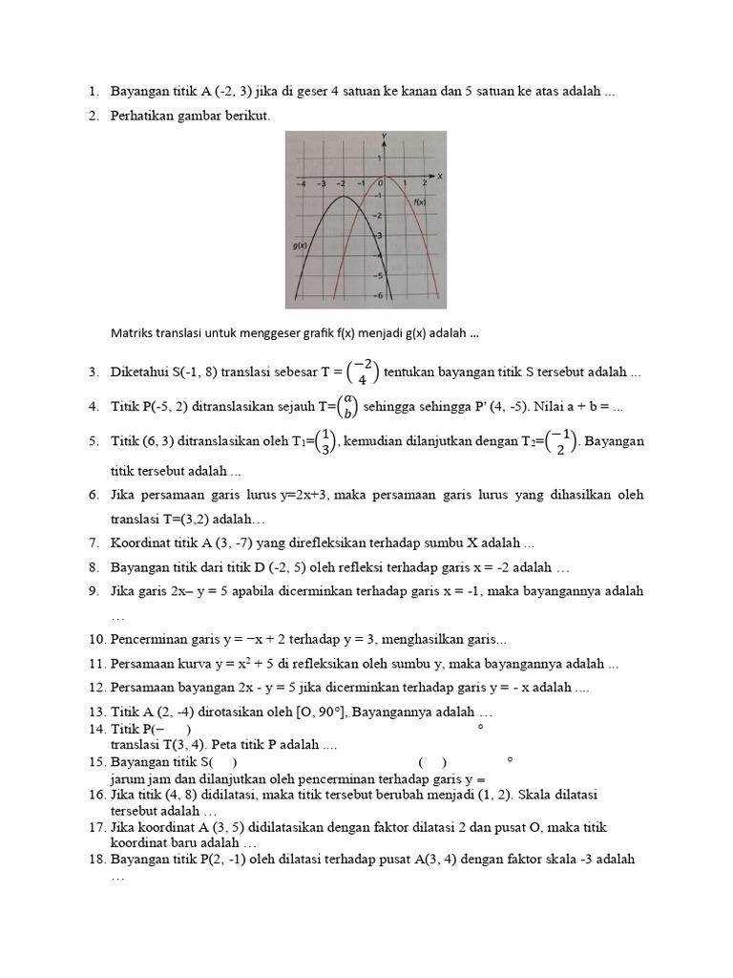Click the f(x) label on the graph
[x=419, y=202]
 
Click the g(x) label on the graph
[x=300, y=245]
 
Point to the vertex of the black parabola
[x=342, y=198]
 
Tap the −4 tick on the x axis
[x=301, y=182]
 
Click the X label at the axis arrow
[x=440, y=177]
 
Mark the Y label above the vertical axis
[x=383, y=136]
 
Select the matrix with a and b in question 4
[x=349, y=407]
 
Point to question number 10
[x=97, y=638]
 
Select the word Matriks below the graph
[x=131, y=333]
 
